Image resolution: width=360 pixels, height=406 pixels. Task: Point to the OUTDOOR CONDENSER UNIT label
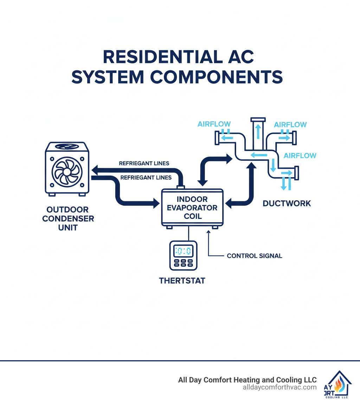(68, 218)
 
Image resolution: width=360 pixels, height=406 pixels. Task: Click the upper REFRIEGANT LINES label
(144, 163)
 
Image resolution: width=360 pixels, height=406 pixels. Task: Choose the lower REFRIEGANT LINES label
(146, 178)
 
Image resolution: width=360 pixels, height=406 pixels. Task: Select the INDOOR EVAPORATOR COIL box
(192, 208)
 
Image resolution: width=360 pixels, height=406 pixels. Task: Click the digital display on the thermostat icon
(184, 251)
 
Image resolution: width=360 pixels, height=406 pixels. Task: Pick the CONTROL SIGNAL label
(254, 256)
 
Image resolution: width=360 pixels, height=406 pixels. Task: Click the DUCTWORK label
(287, 203)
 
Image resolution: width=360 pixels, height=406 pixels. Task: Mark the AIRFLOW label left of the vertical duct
(214, 124)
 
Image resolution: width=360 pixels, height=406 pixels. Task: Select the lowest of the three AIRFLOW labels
(300, 156)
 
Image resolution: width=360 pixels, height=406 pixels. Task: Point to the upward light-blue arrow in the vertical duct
(258, 130)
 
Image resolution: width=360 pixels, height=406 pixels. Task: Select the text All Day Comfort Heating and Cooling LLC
(247, 380)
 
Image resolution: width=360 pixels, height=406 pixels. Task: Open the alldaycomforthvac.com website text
(279, 387)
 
